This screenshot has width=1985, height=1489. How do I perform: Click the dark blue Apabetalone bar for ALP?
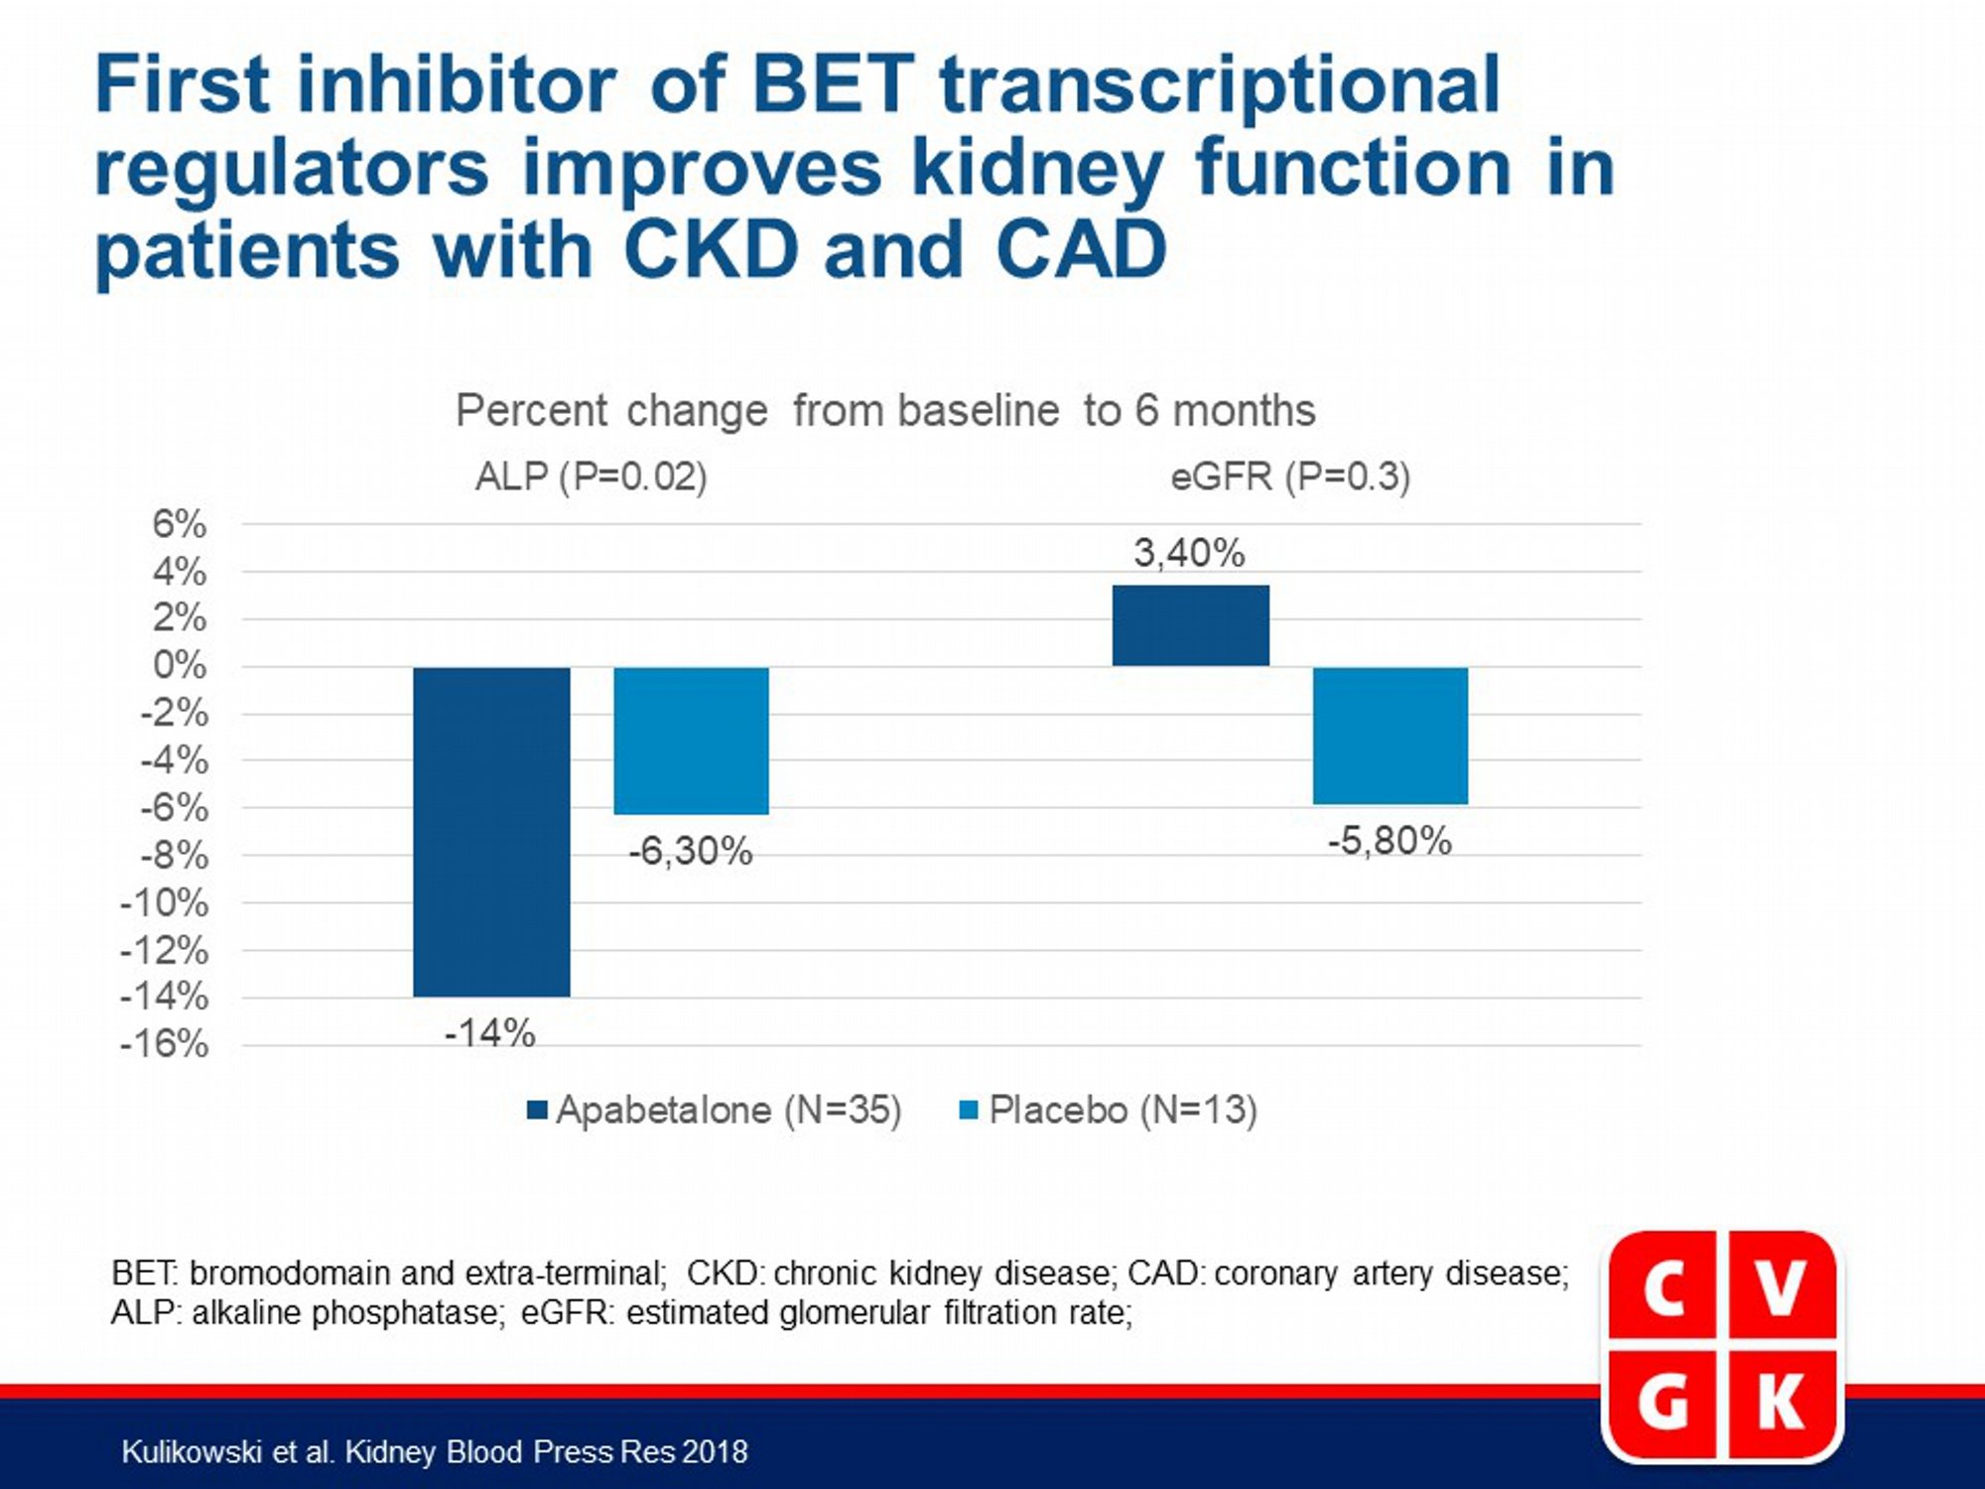(491, 832)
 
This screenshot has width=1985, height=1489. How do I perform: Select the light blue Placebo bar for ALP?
(692, 741)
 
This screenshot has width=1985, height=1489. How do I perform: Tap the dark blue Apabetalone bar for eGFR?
(1191, 625)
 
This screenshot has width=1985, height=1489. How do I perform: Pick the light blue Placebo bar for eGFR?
(1390, 736)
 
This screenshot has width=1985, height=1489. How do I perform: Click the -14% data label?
(489, 1033)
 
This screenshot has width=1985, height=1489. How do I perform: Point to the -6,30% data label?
(691, 852)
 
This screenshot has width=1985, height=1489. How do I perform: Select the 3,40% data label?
(1189, 553)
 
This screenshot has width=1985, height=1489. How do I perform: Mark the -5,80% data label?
(1389, 842)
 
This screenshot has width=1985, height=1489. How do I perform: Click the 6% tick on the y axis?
(180, 523)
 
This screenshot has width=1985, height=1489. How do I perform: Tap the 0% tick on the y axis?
(180, 665)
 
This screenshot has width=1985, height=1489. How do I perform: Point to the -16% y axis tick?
(165, 1044)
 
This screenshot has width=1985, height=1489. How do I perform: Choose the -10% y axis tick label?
(165, 903)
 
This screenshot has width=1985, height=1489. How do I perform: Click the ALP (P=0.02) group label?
(592, 477)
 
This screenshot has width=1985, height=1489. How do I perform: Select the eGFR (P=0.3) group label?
(1290, 477)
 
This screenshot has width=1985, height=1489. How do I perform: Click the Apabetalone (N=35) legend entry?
(715, 1110)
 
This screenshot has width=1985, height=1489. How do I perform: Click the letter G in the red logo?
(1664, 1404)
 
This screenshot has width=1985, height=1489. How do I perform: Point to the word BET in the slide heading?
(833, 84)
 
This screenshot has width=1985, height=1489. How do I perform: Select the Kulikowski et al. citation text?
(434, 1452)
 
